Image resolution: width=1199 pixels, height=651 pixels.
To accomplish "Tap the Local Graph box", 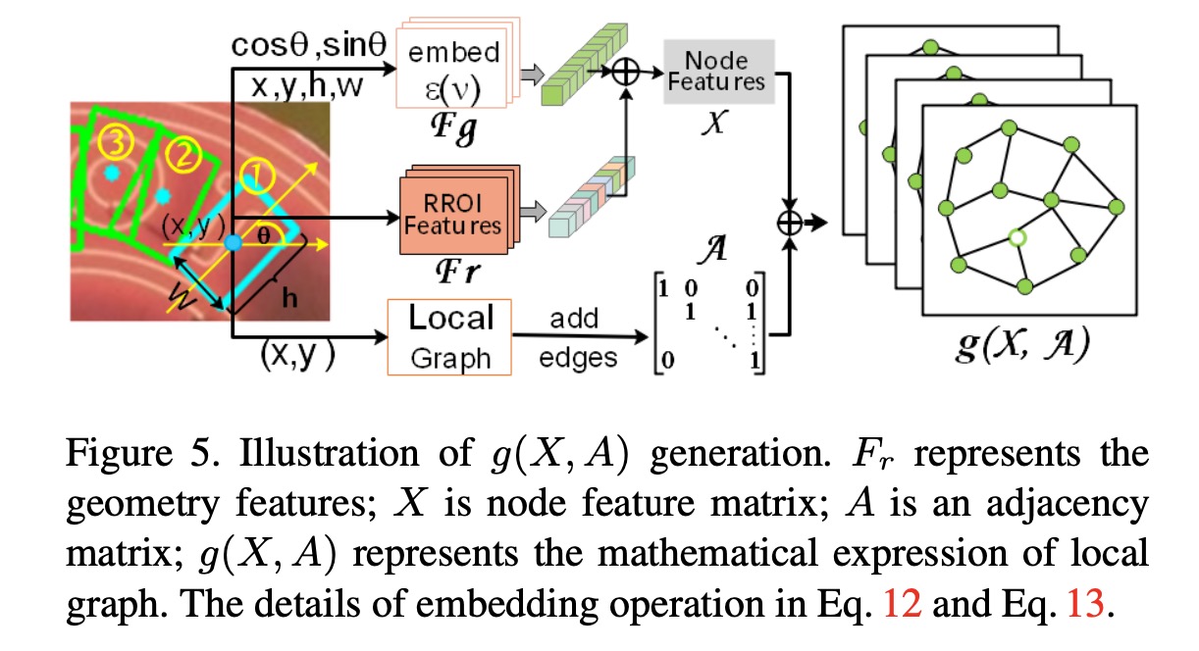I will [449, 336].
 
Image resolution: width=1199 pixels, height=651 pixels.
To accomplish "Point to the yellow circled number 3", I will [118, 144].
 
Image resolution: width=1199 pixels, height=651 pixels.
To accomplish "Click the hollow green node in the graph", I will [1017, 237].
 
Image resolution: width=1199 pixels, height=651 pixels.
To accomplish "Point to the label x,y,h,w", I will [306, 87].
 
